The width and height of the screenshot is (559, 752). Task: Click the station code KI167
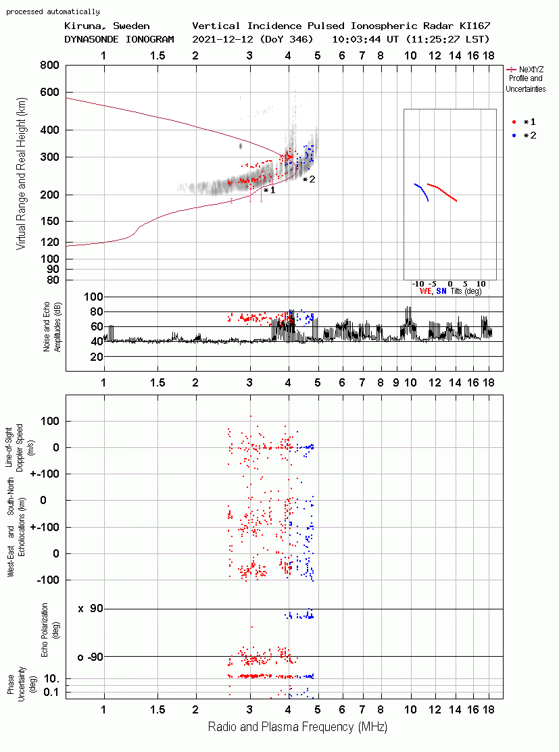pyautogui.click(x=475, y=26)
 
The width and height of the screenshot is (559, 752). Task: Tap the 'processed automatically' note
pyautogui.click(x=53, y=11)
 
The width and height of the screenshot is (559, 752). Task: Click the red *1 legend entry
pyautogui.click(x=524, y=122)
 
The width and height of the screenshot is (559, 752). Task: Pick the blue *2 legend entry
pyautogui.click(x=524, y=136)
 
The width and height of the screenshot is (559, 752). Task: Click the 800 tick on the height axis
pyautogui.click(x=50, y=65)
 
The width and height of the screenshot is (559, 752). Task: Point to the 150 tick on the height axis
pyautogui.click(x=50, y=221)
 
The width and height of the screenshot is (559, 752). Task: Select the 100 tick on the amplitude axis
pyautogui.click(x=93, y=297)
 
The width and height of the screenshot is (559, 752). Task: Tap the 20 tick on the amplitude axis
pyautogui.click(x=97, y=356)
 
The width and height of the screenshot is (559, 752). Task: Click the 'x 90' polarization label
pyautogui.click(x=90, y=609)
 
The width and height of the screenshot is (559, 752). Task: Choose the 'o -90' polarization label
pyautogui.click(x=90, y=657)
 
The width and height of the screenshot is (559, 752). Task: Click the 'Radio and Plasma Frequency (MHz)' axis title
pyautogui.click(x=297, y=727)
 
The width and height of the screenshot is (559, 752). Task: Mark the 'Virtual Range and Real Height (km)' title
pyautogui.click(x=21, y=174)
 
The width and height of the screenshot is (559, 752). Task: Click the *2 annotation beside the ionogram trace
pyautogui.click(x=309, y=179)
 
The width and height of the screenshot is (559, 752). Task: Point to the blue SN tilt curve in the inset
pyautogui.click(x=422, y=191)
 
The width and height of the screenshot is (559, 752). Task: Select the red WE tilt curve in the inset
pyautogui.click(x=442, y=193)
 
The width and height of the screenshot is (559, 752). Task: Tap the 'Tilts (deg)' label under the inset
pyautogui.click(x=466, y=291)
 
